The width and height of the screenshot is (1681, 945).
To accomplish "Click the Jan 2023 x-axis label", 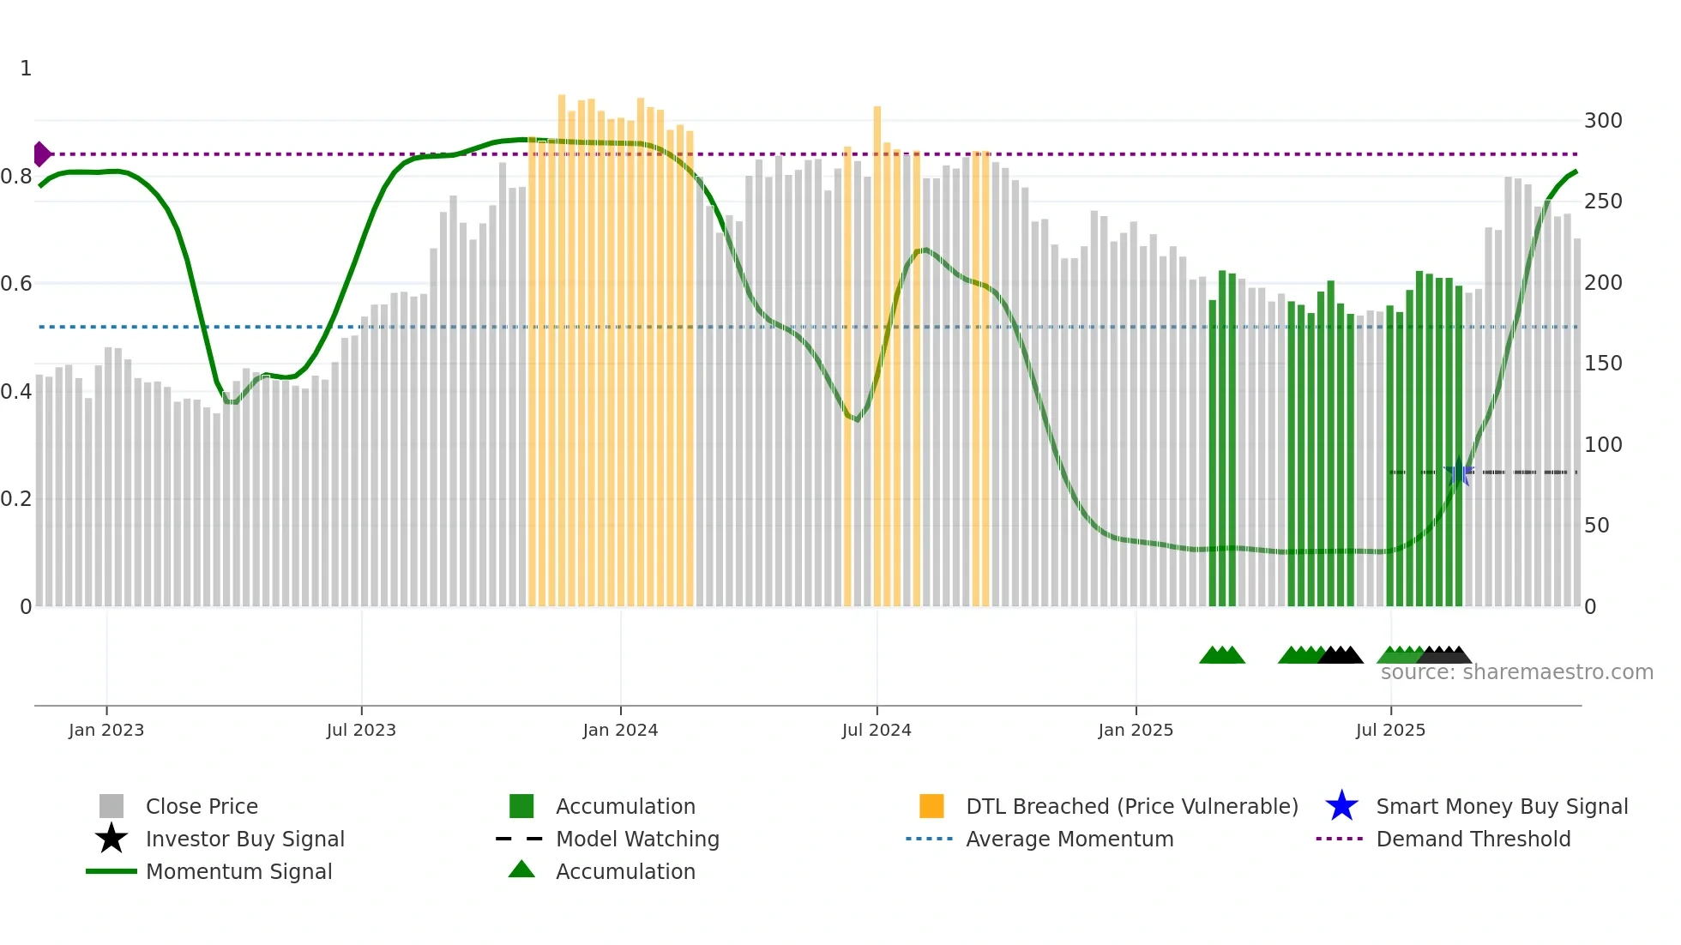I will click(x=106, y=730).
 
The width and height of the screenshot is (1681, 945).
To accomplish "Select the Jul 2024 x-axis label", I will click(x=877, y=730).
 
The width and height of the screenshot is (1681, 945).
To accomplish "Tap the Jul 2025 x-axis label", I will click(x=1390, y=730).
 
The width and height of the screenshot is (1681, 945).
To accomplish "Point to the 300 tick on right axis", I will click(x=1603, y=121).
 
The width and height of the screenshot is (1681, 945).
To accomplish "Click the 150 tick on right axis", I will click(x=1603, y=364).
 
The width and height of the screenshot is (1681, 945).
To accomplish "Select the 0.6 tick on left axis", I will click(x=16, y=284).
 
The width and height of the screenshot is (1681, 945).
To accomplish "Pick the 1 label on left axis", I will click(x=26, y=69).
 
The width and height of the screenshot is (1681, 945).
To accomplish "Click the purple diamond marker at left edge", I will click(x=41, y=154).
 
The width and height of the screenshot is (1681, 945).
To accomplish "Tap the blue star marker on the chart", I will click(x=1458, y=472).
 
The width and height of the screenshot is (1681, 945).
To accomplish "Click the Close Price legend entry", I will click(x=202, y=806).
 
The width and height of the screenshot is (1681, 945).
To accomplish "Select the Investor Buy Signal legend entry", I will click(x=244, y=839).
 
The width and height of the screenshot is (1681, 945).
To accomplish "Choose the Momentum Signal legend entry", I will click(x=238, y=871).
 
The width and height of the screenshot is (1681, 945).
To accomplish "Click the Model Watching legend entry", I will click(x=637, y=839).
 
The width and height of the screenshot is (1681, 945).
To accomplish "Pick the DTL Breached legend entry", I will click(x=1131, y=806).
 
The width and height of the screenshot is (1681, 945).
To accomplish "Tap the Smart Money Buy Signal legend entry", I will click(x=1501, y=806).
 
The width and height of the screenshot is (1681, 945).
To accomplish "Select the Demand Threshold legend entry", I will click(x=1473, y=839).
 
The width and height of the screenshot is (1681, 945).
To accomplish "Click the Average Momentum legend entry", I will click(x=1069, y=839).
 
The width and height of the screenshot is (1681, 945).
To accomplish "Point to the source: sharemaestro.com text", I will click(x=1516, y=672).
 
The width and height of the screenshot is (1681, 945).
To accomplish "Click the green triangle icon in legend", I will click(x=521, y=870).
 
